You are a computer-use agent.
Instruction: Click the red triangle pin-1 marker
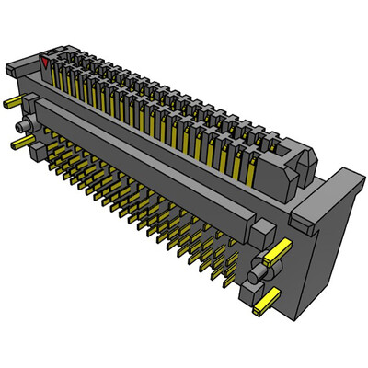point(46,63)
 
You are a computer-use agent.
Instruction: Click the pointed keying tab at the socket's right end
point(302,166)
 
